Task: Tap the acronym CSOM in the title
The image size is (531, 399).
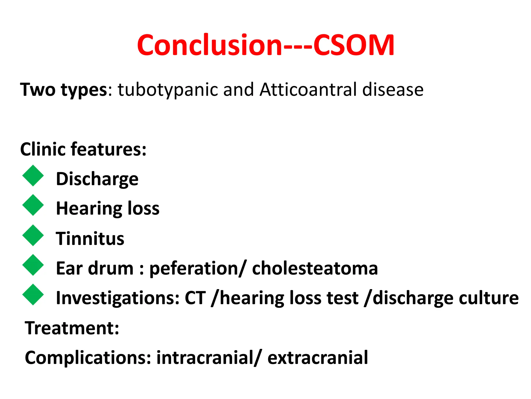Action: [x=354, y=45]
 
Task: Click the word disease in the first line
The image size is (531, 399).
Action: [x=393, y=90]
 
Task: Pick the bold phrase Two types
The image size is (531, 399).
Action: [x=64, y=90]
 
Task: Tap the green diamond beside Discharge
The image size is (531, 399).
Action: [x=33, y=176]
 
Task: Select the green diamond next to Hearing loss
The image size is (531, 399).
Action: [x=33, y=205]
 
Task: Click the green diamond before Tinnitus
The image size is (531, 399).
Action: [x=33, y=235]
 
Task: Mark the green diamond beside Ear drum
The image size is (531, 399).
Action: [x=33, y=265]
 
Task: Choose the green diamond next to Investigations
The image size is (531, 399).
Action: [x=33, y=295]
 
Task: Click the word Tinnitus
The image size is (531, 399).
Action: [x=90, y=238]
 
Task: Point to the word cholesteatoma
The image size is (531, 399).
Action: [x=315, y=268]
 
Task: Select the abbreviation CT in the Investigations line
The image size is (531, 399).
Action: [x=195, y=298]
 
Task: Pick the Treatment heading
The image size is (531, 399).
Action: [x=72, y=328]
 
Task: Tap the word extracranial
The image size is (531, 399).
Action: [x=317, y=358]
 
